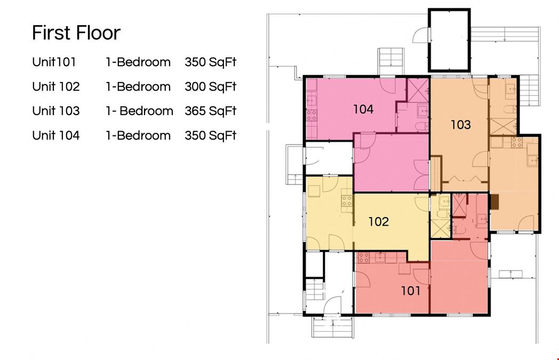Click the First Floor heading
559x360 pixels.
pos(76,33)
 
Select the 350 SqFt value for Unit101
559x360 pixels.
pos(210,62)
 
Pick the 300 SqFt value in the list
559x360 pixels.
pos(210,86)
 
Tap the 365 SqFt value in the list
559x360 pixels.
pos(210,111)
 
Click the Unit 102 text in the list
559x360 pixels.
pos(56,86)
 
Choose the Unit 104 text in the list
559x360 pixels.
pos(56,135)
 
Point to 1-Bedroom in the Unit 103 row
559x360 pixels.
pos(139,111)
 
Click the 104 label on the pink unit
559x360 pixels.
pos(363,109)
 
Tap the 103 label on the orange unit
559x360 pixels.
pos(461,125)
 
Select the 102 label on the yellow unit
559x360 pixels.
pos(378,222)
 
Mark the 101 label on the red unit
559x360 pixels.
pos(411,291)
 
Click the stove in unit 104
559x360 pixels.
pos(312,115)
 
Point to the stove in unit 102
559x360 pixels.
pos(347,201)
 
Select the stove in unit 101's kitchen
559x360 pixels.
pos(364,258)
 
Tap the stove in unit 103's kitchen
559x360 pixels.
pos(516,142)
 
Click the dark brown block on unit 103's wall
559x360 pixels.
pos(494,202)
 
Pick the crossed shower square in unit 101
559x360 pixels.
pos(459,205)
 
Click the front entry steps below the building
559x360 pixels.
pos(333,327)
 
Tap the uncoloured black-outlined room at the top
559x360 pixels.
pos(449,40)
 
